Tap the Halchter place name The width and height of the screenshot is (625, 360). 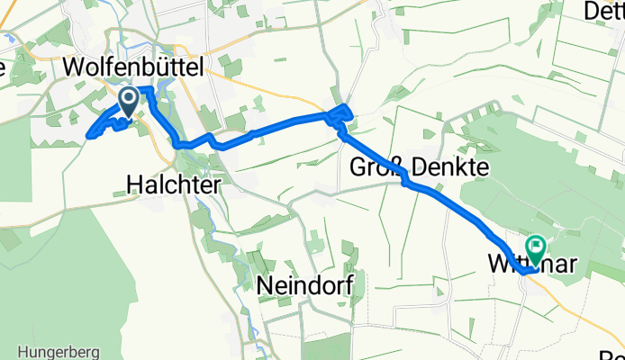pyautogui.click(x=171, y=183)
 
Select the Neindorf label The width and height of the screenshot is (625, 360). pyautogui.click(x=303, y=285)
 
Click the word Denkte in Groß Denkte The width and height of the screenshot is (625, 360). pyautogui.click(x=439, y=166)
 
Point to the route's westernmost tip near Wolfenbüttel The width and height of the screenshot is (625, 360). pyautogui.click(x=89, y=137)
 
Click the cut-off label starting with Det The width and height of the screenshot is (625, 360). pyautogui.click(x=604, y=11)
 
